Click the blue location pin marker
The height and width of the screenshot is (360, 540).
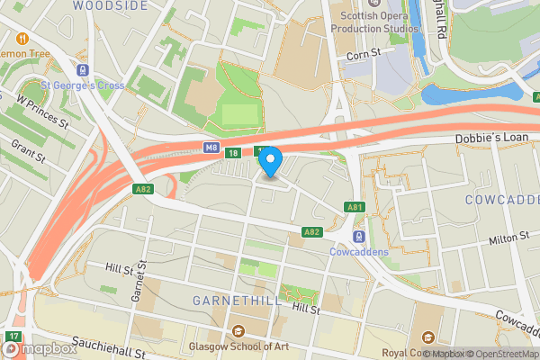point(270,162)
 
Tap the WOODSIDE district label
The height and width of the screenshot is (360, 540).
point(110,5)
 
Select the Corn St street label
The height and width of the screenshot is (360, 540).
point(364,56)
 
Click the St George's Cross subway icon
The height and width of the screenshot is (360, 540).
point(84,70)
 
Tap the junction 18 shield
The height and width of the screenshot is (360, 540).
point(233,153)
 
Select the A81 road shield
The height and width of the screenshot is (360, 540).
point(355,208)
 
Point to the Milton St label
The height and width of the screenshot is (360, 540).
point(506,238)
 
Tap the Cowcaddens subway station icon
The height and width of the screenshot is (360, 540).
point(358,237)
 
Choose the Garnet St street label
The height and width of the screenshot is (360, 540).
point(137,288)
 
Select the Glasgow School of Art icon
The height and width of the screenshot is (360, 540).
point(238,331)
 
